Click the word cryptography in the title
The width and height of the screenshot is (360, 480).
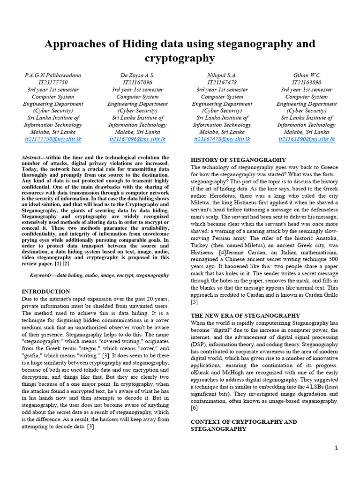point(180,58)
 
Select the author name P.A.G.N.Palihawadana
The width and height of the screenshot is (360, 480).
point(53,75)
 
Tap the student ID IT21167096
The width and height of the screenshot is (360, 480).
point(137,82)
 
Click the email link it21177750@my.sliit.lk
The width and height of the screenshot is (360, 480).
point(53,139)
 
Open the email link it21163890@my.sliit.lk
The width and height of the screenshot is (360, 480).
point(307,139)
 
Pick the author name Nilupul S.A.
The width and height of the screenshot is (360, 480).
point(222,75)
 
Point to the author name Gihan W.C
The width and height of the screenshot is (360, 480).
point(307,75)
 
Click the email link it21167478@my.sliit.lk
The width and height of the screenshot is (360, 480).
point(222,139)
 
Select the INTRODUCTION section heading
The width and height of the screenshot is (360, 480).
point(46,291)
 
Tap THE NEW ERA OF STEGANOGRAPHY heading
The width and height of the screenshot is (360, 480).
point(245,315)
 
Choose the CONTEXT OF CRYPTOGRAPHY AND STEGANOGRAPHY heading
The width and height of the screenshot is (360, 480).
point(244,425)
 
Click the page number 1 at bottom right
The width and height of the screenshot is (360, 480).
point(336,448)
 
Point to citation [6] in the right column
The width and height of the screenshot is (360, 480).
point(194,408)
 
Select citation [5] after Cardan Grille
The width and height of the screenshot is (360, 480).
point(194,302)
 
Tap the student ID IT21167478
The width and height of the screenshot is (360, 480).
point(222,82)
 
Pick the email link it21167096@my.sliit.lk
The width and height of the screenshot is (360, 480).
point(137,139)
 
